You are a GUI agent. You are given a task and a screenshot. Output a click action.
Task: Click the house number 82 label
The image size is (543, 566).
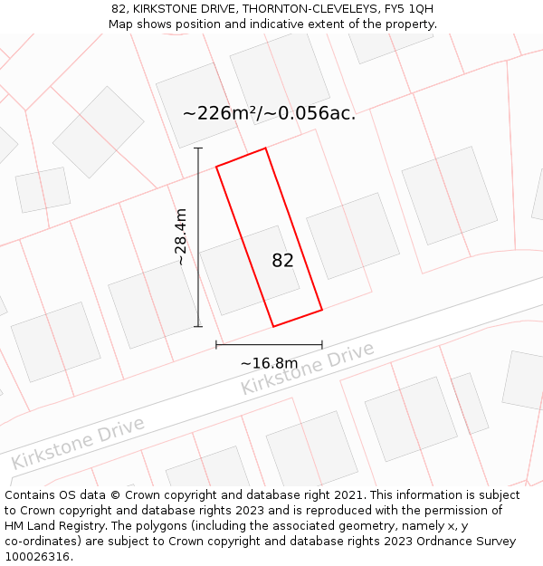[x=282, y=261]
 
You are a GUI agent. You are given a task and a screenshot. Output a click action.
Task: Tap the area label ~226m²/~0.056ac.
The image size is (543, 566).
[x=269, y=113]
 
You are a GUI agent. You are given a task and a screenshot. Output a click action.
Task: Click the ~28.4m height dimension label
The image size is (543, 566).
[x=181, y=236]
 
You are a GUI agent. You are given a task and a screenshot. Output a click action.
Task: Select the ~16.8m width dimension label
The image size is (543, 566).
[x=269, y=363]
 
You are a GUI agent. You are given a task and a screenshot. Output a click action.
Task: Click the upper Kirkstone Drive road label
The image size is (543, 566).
[x=307, y=369]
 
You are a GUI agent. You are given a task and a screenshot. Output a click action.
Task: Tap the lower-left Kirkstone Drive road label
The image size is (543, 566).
[x=78, y=443]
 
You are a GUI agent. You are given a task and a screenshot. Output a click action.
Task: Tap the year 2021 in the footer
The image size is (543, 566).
[x=348, y=495]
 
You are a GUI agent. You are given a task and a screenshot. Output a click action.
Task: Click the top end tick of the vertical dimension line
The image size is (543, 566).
[x=198, y=149]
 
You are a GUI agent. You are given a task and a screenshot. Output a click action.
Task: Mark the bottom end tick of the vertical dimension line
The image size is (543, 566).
[x=198, y=326]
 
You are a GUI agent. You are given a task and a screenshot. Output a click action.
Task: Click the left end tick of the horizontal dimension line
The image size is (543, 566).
[x=216, y=344]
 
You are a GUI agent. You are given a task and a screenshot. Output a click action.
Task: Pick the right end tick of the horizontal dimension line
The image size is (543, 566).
[x=322, y=344]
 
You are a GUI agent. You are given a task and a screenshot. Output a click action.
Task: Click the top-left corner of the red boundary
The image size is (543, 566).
[x=216, y=167]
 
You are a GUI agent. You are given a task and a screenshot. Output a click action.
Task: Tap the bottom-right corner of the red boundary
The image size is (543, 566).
[x=322, y=310]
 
